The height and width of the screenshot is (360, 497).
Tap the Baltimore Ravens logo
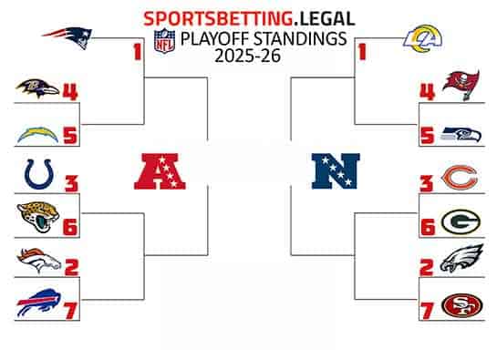click(x=37, y=88)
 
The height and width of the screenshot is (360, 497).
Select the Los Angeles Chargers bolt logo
click(x=37, y=134)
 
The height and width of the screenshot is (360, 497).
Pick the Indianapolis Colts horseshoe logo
click(x=36, y=173)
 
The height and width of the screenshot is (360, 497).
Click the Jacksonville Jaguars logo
click(x=37, y=217)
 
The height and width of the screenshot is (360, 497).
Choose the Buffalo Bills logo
click(x=37, y=304)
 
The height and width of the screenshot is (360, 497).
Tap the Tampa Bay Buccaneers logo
click(x=461, y=87)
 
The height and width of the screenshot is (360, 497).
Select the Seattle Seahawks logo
click(x=461, y=134)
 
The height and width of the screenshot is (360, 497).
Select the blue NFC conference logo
click(x=336, y=170)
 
